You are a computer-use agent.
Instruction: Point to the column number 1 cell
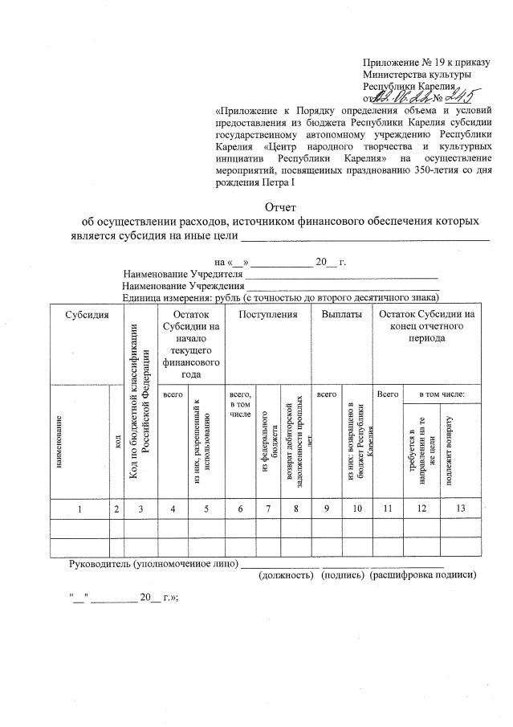(79, 508)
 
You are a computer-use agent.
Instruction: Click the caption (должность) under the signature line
(285, 574)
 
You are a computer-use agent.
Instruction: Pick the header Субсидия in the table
(88, 314)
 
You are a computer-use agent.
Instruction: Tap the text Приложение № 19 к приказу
(419, 62)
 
